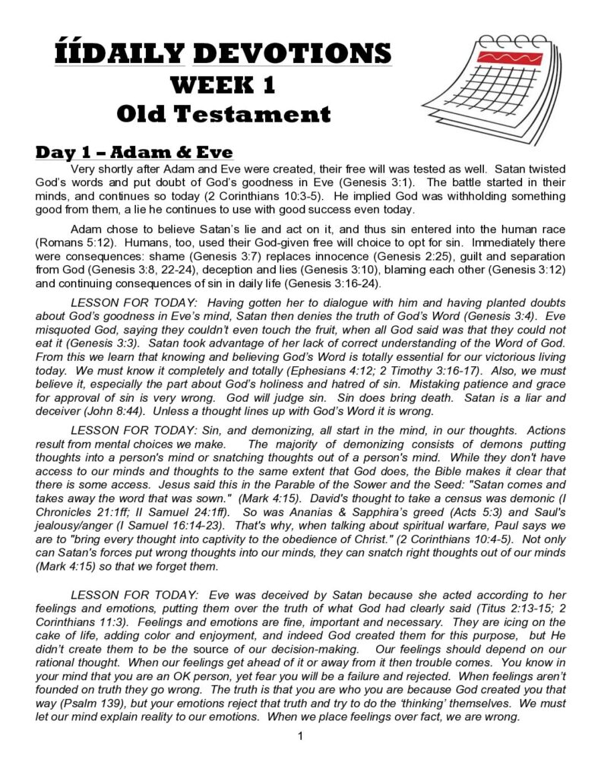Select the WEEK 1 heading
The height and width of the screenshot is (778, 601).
(223, 84)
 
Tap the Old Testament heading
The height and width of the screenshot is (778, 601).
(223, 115)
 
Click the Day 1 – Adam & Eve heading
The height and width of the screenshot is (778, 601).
(134, 152)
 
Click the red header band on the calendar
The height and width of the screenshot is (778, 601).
(509, 58)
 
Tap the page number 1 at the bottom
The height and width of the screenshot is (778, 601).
(301, 735)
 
